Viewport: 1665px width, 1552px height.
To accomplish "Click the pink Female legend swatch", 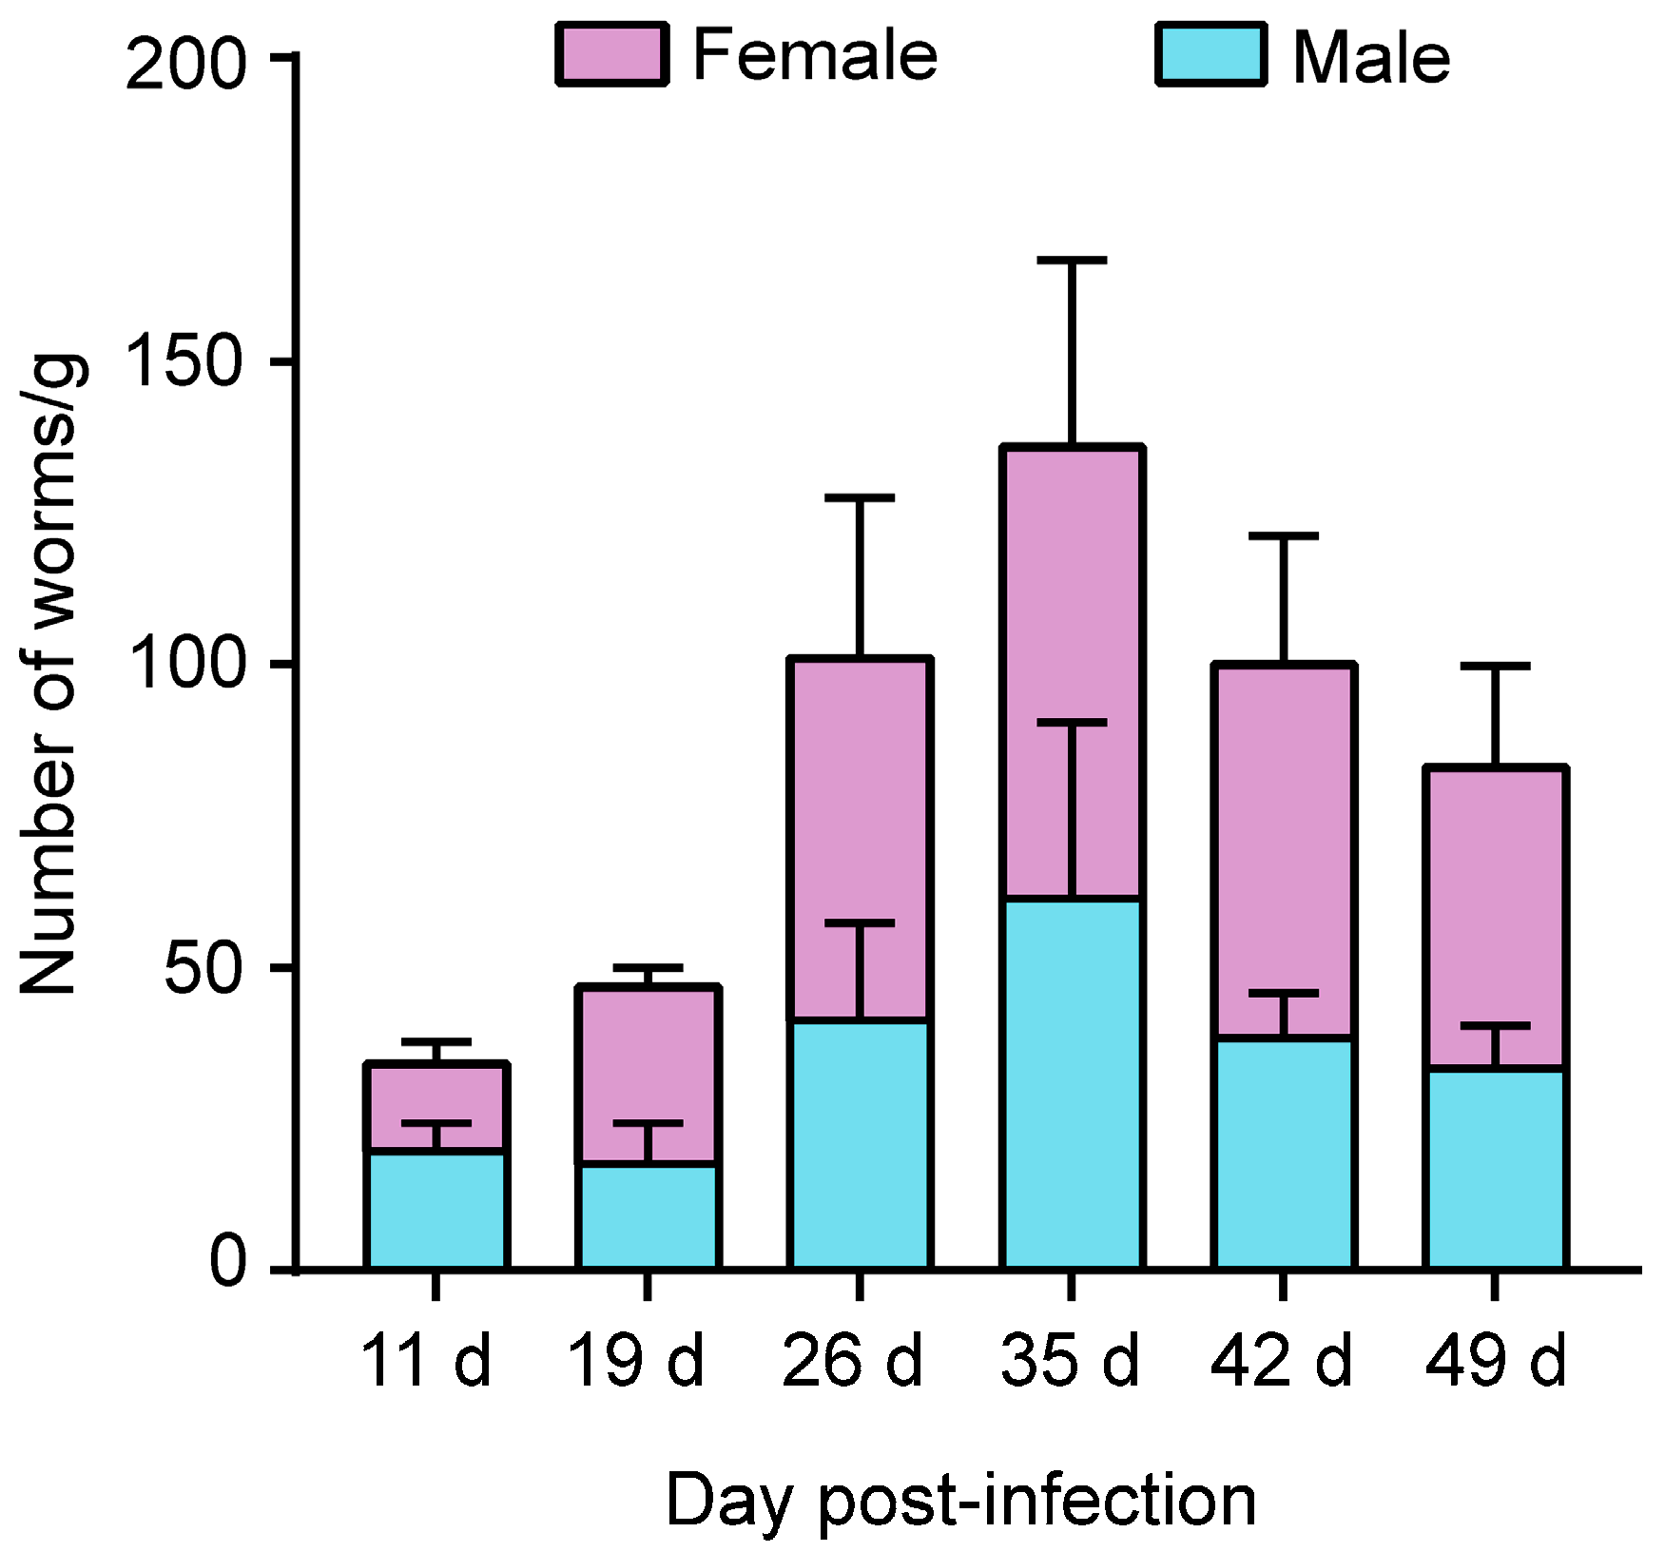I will coord(611,55).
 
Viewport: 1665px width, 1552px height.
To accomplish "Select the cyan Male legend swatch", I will coord(1210,55).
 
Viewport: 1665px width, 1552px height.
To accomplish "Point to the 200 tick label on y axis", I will coord(185,65).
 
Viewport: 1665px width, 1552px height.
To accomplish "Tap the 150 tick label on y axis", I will coord(185,362).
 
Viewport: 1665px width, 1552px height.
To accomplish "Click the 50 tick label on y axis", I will coord(203,970).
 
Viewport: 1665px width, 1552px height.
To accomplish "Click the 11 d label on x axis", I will coord(425,1361).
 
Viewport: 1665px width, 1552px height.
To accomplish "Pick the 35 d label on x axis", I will coord(1070,1361).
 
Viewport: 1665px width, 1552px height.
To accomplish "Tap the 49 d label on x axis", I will coord(1495,1361).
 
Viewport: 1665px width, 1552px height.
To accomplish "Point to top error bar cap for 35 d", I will coord(1072,260).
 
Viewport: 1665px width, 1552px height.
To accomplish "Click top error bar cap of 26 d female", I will coord(860,497).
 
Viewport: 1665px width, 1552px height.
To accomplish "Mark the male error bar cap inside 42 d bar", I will coord(1284,993).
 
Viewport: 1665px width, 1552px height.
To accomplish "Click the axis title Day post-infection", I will coord(960,1501).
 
